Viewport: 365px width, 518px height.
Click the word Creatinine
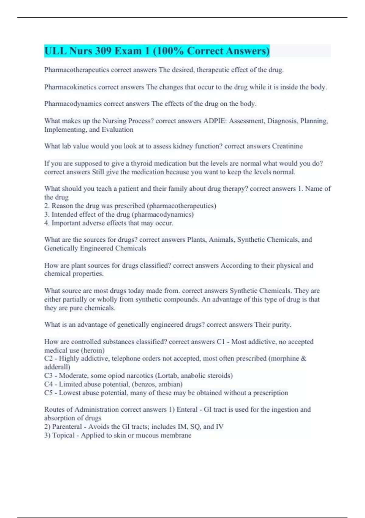[287, 146]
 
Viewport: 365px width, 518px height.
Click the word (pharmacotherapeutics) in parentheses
[182, 206]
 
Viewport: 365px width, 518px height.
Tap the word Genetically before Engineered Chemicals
[61, 248]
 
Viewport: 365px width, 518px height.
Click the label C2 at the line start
[48, 359]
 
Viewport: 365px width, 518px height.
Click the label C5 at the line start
[48, 393]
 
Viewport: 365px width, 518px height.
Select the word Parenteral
[67, 427]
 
